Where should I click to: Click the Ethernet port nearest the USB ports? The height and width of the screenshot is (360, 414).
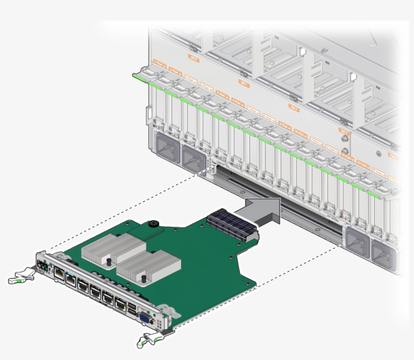[x=121, y=304]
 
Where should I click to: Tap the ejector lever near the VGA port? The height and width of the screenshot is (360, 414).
[x=149, y=339]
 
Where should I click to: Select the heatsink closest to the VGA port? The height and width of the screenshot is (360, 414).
[x=148, y=266]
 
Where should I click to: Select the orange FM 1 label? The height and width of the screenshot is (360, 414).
[x=243, y=84]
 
